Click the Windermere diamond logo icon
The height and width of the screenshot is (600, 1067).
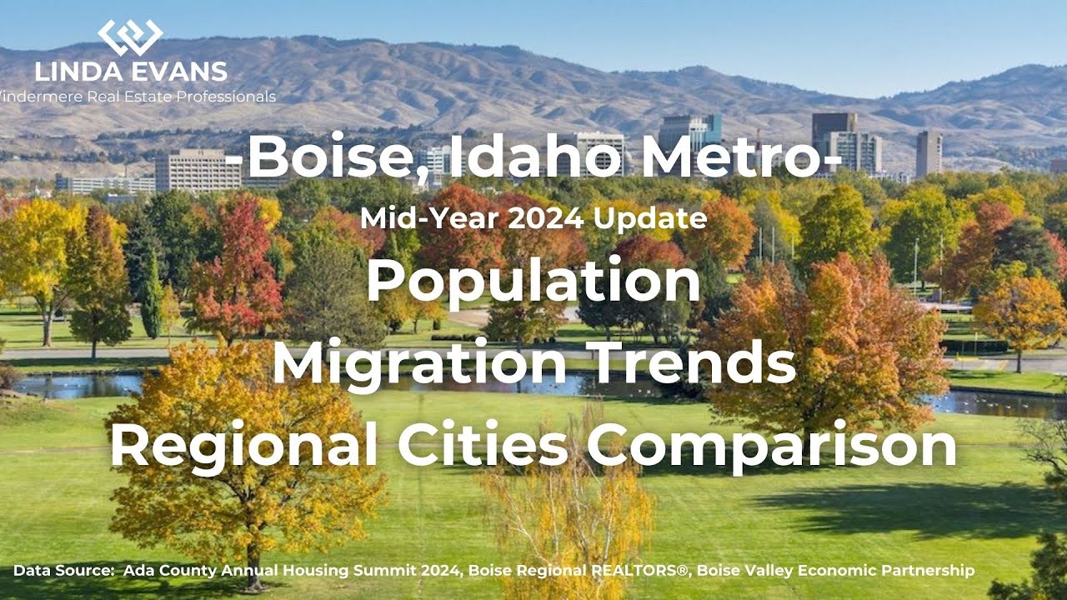(130, 37)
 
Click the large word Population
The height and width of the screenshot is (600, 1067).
(533, 281)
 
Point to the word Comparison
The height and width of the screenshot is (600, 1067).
(772, 445)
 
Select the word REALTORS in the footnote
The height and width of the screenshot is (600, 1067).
(640, 571)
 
